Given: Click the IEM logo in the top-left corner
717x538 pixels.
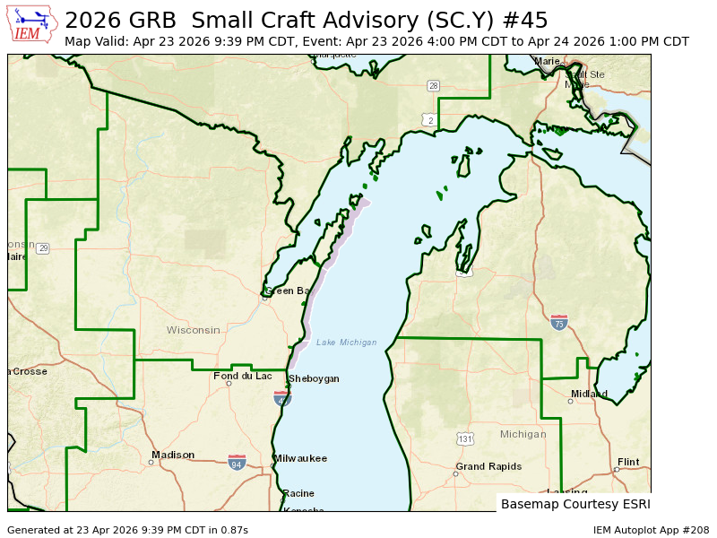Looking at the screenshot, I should pyautogui.click(x=32, y=24).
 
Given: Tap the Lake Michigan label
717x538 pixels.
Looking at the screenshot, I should pyautogui.click(x=346, y=343).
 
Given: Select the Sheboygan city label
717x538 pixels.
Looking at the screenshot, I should pyautogui.click(x=314, y=378).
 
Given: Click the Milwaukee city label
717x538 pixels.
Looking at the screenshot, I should pyautogui.click(x=300, y=458).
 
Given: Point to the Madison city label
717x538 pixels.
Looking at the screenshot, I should pyautogui.click(x=173, y=455).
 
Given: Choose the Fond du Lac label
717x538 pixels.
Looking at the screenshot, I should pyautogui.click(x=242, y=376).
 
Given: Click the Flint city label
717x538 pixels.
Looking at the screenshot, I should pyautogui.click(x=628, y=462).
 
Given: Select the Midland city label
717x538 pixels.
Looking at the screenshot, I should pyautogui.click(x=589, y=394).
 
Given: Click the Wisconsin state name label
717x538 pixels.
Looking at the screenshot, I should pyautogui.click(x=193, y=330).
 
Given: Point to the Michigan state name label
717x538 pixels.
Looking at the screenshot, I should pyautogui.click(x=523, y=434).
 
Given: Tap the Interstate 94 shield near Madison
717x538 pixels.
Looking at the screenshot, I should pyautogui.click(x=237, y=462).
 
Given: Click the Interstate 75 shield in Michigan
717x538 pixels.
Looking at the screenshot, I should pyautogui.click(x=559, y=322).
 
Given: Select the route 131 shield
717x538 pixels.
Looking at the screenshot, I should pyautogui.click(x=464, y=438).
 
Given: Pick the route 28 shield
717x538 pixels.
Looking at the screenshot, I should pyautogui.click(x=433, y=86).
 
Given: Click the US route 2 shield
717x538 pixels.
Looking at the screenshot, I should pyautogui.click(x=430, y=119).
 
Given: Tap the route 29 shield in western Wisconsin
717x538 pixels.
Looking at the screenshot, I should pyautogui.click(x=43, y=247).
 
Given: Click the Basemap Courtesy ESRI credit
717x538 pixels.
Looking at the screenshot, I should pyautogui.click(x=575, y=504).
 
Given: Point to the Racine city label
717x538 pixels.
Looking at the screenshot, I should pyautogui.click(x=298, y=493).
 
